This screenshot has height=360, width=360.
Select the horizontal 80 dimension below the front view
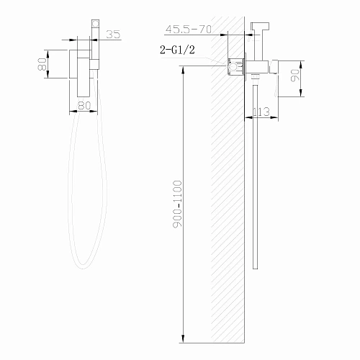[x=84, y=106]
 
